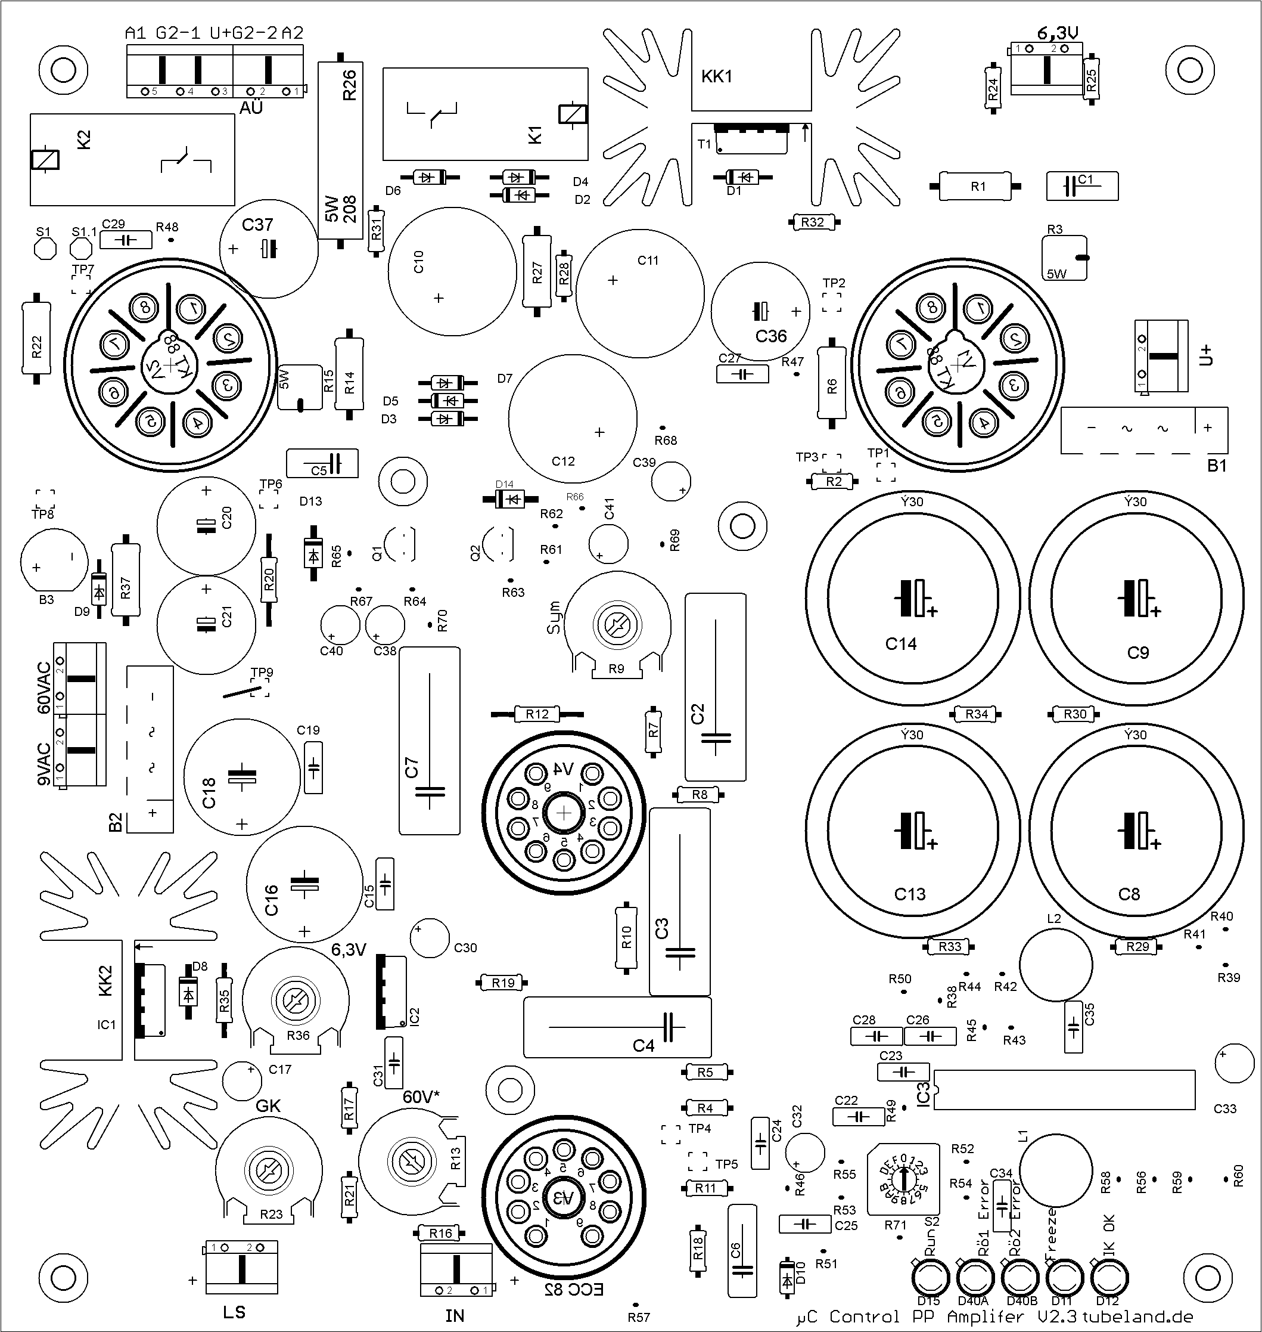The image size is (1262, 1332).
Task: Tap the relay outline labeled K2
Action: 132,160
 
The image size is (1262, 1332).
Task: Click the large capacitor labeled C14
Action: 912,599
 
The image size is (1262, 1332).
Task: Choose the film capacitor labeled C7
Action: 429,741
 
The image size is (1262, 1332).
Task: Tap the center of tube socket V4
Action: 564,814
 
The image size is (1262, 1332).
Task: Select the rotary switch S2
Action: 904,1178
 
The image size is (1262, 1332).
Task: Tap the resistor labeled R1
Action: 977,187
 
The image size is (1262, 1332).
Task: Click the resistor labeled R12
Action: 537,714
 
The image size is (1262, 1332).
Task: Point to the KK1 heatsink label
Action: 716,77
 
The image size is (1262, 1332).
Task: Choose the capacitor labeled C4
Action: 617,1027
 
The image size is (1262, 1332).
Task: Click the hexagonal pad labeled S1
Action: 45,249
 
